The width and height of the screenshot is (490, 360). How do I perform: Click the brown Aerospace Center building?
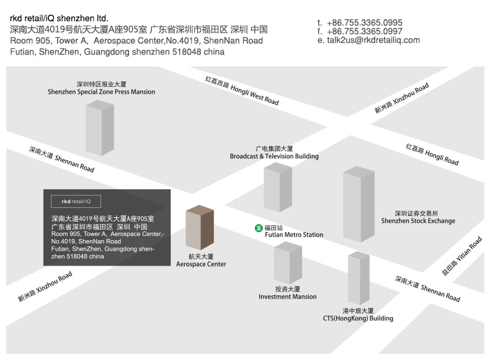coord(200,228)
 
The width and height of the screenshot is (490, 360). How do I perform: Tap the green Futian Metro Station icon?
coord(259,228)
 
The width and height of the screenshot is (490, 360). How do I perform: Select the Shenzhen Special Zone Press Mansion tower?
coord(100,128)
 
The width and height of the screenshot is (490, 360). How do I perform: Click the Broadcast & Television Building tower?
coord(278,187)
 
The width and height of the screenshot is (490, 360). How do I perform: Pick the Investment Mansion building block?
coord(288,263)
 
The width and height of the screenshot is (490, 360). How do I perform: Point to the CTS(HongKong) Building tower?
coord(359,278)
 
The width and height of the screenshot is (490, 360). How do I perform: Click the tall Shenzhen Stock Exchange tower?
coord(359,204)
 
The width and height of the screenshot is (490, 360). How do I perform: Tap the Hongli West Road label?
coord(242,91)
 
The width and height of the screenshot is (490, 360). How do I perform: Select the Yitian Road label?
coord(462,256)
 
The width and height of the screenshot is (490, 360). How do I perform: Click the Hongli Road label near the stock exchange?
coord(432,154)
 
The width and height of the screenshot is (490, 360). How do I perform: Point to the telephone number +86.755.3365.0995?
coord(364,22)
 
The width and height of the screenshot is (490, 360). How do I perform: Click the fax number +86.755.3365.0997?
coord(364,31)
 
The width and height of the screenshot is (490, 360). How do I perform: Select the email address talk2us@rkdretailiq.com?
coord(373,40)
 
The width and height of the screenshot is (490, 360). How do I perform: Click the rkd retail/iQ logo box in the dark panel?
coord(76,202)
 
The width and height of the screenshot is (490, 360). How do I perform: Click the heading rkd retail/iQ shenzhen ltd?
coord(59,19)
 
